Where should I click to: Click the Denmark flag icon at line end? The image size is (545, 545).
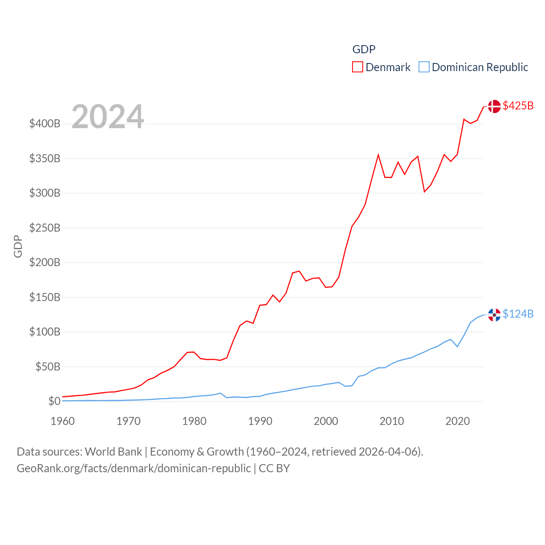[494, 106]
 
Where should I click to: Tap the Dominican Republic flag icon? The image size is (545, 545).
[494, 315]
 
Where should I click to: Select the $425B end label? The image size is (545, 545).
[518, 106]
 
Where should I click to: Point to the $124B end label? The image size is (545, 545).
[518, 314]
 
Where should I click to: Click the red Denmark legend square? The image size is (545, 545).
[358, 67]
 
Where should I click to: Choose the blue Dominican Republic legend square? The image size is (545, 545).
[424, 67]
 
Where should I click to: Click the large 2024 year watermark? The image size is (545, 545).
[108, 117]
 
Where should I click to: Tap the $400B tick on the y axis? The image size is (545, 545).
[45, 124]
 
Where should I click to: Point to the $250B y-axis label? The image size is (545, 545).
[45, 228]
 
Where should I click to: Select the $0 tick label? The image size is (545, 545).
[54, 401]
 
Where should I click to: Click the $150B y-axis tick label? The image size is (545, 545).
[45, 297]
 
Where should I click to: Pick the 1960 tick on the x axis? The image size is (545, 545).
[63, 421]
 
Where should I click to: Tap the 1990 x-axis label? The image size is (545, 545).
[260, 421]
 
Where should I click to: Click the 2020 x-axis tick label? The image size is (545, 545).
[457, 421]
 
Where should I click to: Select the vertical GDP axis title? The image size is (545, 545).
[18, 246]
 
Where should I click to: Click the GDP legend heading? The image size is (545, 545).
[364, 49]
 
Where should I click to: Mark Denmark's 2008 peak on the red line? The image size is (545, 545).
[378, 155]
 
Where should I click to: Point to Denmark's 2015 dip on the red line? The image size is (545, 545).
[425, 192]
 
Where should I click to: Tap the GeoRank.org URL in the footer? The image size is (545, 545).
[134, 468]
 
